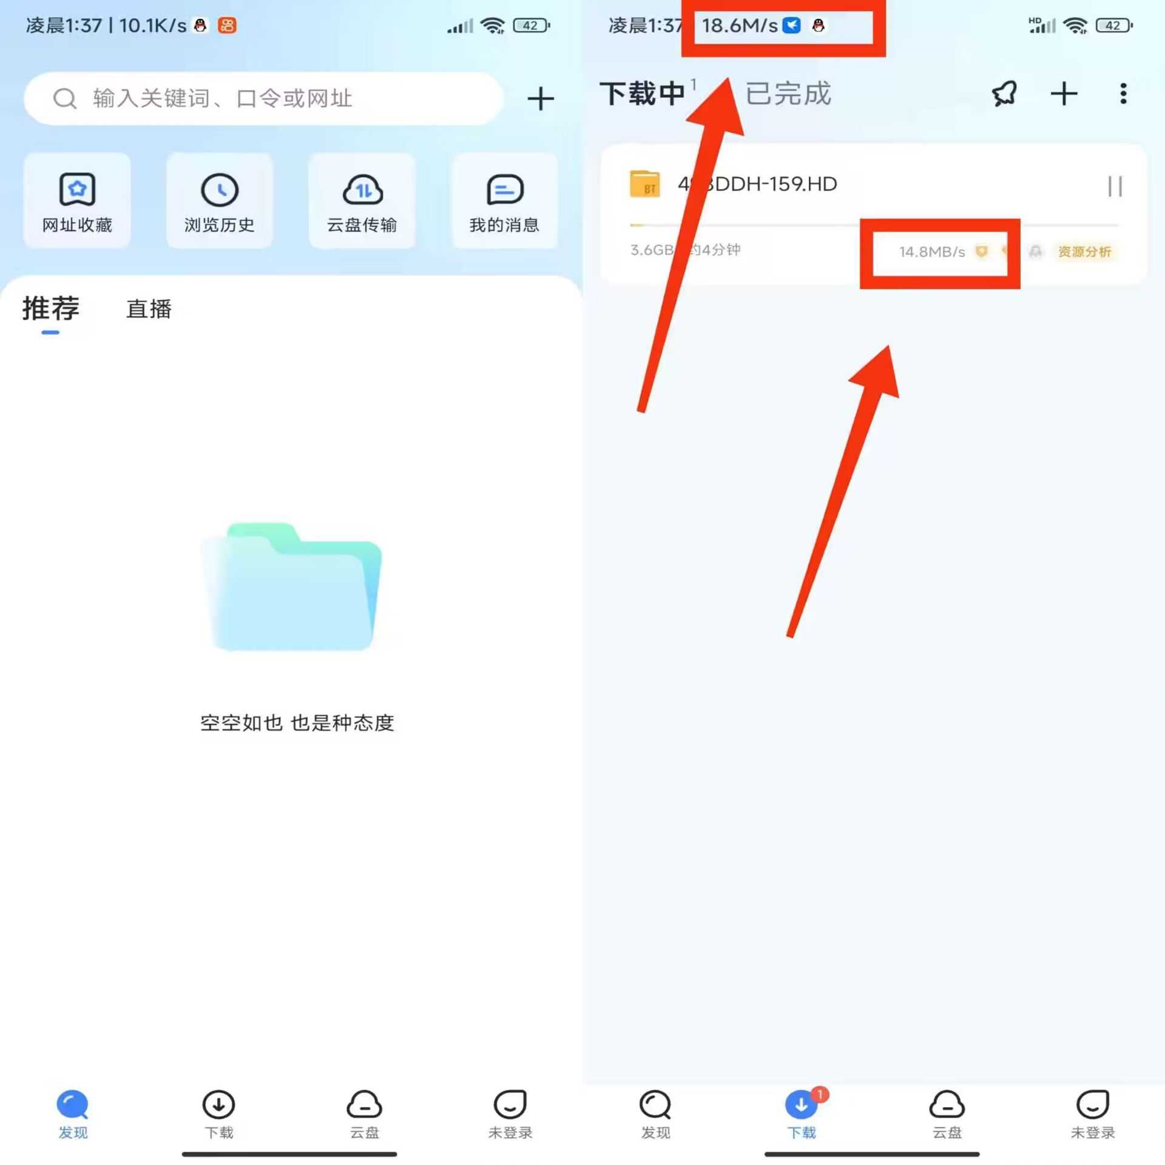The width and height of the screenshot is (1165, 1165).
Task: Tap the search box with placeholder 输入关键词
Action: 264,98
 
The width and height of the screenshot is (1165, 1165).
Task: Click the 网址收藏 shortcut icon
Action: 77,190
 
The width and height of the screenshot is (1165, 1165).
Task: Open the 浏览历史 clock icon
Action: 219,190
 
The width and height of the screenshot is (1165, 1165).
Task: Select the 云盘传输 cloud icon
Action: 362,190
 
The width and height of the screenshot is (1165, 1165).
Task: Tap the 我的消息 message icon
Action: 504,190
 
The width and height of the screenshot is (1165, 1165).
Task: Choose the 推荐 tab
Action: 51,308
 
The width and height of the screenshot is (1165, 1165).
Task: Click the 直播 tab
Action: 149,309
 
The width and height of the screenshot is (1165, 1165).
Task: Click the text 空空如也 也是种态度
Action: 297,723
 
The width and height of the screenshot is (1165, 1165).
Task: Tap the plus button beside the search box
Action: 540,99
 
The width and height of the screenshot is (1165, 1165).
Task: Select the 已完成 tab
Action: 788,94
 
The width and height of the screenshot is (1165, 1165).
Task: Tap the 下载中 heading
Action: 642,94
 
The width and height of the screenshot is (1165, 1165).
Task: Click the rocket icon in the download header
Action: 1004,94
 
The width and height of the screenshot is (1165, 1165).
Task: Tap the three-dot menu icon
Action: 1123,94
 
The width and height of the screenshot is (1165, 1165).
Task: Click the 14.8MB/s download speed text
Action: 931,252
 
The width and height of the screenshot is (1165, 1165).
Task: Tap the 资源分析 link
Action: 1084,252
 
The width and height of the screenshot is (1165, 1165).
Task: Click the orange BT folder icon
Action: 644,184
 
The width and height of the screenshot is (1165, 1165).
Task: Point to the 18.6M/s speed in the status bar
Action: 739,25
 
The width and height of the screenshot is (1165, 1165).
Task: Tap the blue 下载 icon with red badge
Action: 801,1104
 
